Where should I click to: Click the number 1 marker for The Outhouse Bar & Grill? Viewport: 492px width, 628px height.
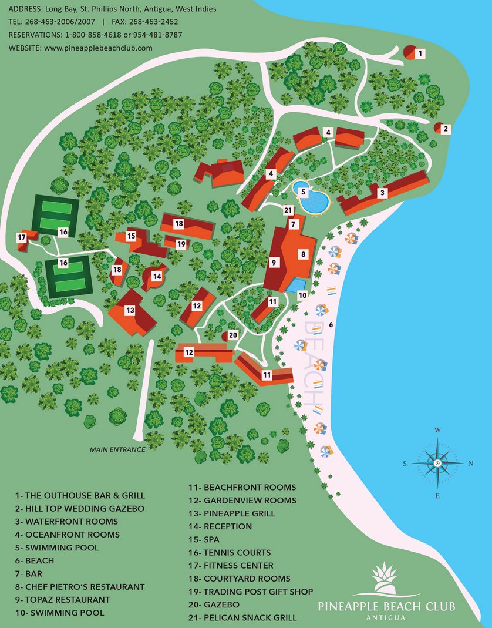pyautogui.click(x=420, y=53)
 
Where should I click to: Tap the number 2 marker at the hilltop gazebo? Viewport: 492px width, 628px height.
pyautogui.click(x=446, y=129)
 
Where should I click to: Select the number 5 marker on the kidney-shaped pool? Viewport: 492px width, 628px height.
pyautogui.click(x=302, y=191)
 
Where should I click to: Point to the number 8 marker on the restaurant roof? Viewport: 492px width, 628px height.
pyautogui.click(x=304, y=254)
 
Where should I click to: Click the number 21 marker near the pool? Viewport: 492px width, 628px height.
pyautogui.click(x=288, y=210)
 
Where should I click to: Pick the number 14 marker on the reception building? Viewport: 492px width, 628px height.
pyautogui.click(x=157, y=276)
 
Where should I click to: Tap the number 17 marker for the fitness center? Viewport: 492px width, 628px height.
pyautogui.click(x=22, y=237)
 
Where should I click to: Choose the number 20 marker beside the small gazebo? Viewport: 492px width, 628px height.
pyautogui.click(x=233, y=335)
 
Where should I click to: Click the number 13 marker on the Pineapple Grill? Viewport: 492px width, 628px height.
pyautogui.click(x=130, y=310)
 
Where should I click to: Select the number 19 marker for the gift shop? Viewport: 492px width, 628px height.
pyautogui.click(x=181, y=244)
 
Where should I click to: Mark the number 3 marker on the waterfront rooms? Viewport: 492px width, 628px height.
pyautogui.click(x=382, y=192)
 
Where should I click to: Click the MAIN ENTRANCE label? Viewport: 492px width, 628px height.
pyautogui.click(x=117, y=449)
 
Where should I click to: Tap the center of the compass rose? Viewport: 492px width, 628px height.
pyautogui.click(x=437, y=464)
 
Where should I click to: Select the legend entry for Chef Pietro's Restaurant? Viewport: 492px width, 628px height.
pyautogui.click(x=80, y=586)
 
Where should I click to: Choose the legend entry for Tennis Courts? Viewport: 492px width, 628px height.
pyautogui.click(x=230, y=552)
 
